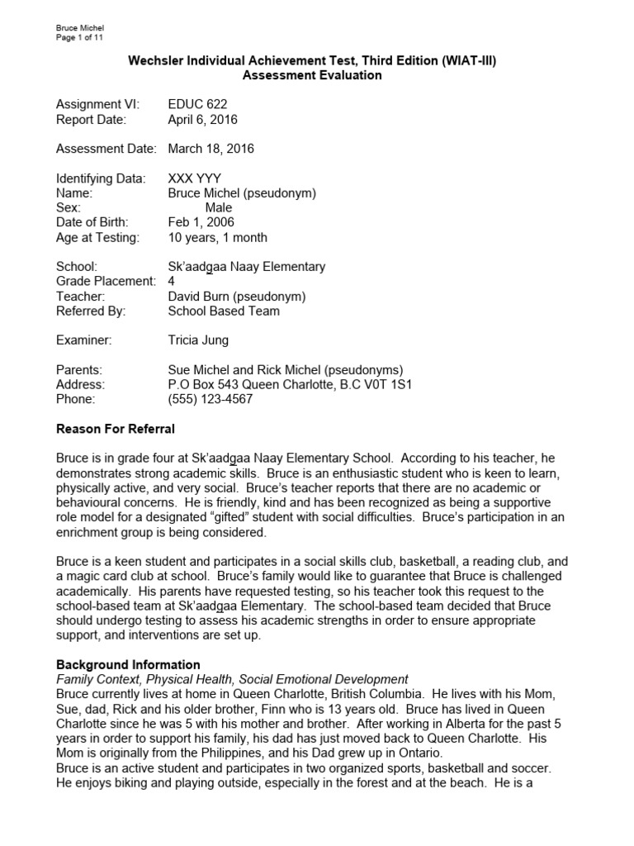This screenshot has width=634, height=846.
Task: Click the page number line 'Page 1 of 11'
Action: (79, 38)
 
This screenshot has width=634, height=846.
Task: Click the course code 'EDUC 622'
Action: (197, 104)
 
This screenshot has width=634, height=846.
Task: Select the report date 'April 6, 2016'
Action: (202, 119)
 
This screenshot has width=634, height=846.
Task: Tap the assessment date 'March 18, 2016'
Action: (211, 149)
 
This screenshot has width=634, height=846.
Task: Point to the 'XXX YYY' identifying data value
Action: (194, 178)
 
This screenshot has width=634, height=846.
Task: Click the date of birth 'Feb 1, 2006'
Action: (201, 222)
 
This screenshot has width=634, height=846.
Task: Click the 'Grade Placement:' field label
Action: (106, 282)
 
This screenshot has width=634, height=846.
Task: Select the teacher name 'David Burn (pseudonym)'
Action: (237, 297)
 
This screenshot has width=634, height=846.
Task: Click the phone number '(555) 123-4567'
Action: (210, 399)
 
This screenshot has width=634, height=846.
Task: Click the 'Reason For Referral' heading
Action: (115, 429)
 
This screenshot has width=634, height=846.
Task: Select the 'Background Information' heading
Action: (128, 664)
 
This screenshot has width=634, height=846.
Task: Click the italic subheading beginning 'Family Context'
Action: (232, 678)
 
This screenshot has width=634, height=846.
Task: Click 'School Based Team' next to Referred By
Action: (223, 311)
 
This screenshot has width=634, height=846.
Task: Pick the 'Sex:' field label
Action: (69, 207)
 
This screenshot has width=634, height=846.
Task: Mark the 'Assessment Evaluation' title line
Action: (311, 75)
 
